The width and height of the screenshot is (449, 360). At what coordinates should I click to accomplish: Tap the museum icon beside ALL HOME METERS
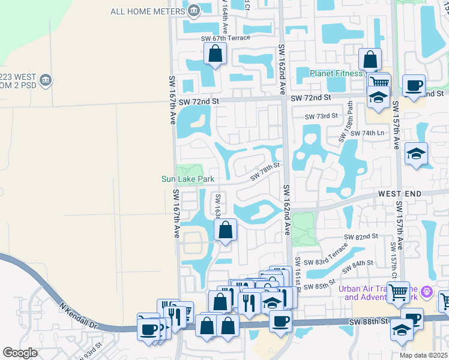[x=194, y=10]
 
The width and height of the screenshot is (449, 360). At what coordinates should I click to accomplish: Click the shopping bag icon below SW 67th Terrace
[x=215, y=55]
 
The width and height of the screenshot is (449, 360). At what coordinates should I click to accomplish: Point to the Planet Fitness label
[x=336, y=73]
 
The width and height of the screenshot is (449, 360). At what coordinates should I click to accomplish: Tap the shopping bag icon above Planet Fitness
[x=370, y=59]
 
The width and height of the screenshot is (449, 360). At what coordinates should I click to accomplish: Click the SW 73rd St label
[x=322, y=116]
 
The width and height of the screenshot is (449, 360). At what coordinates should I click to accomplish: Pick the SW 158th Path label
[x=346, y=121]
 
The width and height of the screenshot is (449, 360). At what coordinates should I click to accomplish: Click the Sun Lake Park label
[x=188, y=179]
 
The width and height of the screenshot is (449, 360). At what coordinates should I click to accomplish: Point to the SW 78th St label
[x=265, y=171]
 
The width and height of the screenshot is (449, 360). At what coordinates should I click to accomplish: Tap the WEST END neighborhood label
[x=399, y=194]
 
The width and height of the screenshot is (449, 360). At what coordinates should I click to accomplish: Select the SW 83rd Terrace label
[x=326, y=255]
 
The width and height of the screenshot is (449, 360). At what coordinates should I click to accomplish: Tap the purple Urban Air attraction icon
[x=427, y=292]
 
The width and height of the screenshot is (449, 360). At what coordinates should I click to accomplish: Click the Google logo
[x=20, y=353]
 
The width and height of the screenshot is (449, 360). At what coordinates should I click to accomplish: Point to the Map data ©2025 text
[x=423, y=355]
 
